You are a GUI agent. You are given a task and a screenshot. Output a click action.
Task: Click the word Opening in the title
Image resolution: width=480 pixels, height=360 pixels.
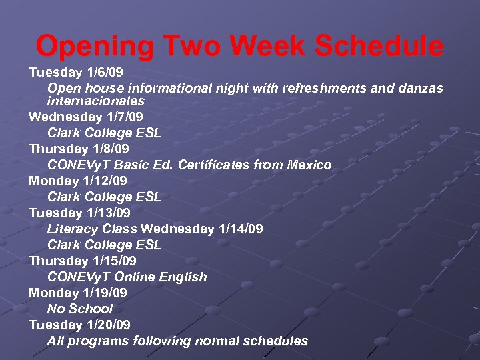95,46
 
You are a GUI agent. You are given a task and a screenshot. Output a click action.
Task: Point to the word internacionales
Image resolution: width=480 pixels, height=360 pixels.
96,101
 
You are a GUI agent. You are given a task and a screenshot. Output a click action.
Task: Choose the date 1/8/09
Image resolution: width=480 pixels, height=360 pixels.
111,149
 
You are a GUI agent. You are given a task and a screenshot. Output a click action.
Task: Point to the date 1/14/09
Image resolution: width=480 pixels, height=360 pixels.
241,229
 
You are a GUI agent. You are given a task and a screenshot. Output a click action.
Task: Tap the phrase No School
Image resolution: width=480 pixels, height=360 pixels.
80,309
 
